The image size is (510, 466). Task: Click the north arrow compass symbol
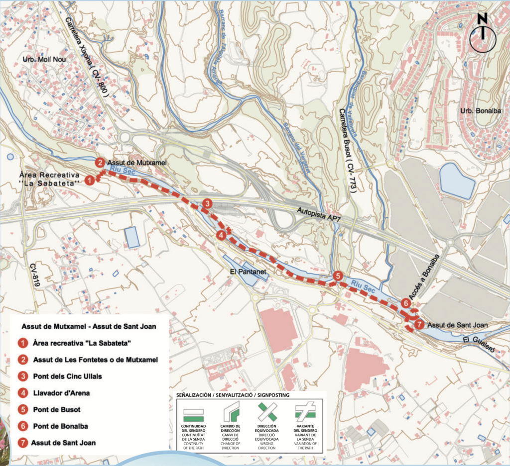(x=482, y=35)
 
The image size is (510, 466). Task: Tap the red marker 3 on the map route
(x=207, y=203)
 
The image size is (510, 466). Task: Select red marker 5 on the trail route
(x=338, y=277)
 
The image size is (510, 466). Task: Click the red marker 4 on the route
(x=221, y=235)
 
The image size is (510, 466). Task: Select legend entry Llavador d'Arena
(x=61, y=393)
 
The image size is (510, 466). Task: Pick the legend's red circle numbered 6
(x=22, y=426)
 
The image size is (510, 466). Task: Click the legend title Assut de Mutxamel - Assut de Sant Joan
(x=89, y=327)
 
